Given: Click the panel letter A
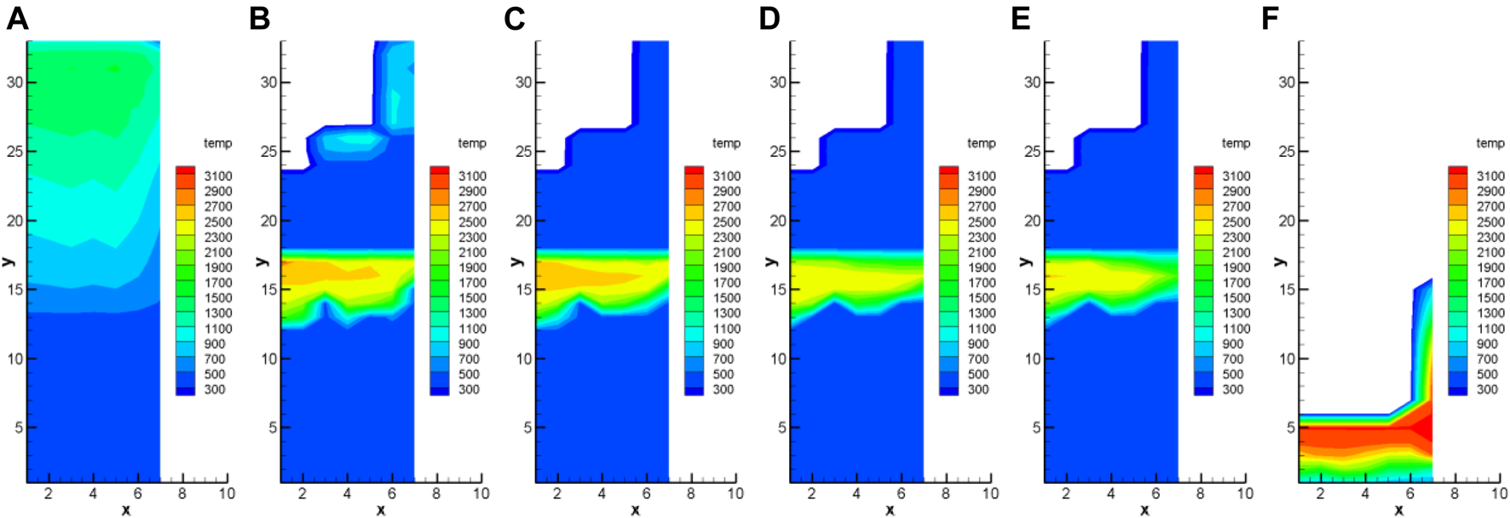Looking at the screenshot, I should pyautogui.click(x=17, y=19).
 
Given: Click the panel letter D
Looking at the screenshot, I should pyautogui.click(x=769, y=19).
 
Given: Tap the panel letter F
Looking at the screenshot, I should pyautogui.click(x=1270, y=19).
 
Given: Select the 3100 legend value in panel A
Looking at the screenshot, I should pyautogui.click(x=218, y=176).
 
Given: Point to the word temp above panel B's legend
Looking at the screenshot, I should pyautogui.click(x=472, y=143).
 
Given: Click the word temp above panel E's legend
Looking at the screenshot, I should pyautogui.click(x=1236, y=143).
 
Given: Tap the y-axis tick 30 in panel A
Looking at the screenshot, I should pyautogui.click(x=15, y=83).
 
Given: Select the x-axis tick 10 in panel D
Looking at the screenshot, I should pyautogui.click(x=990, y=493).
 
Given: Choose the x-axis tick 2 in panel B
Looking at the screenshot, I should pyautogui.click(x=303, y=493).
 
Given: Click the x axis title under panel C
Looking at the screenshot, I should pyautogui.click(x=635, y=509).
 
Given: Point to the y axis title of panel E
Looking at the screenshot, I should pyautogui.click(x=1026, y=261).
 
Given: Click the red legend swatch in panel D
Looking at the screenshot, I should pyautogui.click(x=948, y=170).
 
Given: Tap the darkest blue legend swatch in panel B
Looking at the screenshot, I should pyautogui.click(x=440, y=390).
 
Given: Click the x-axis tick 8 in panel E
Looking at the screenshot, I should pyautogui.click(x=1200, y=493).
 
